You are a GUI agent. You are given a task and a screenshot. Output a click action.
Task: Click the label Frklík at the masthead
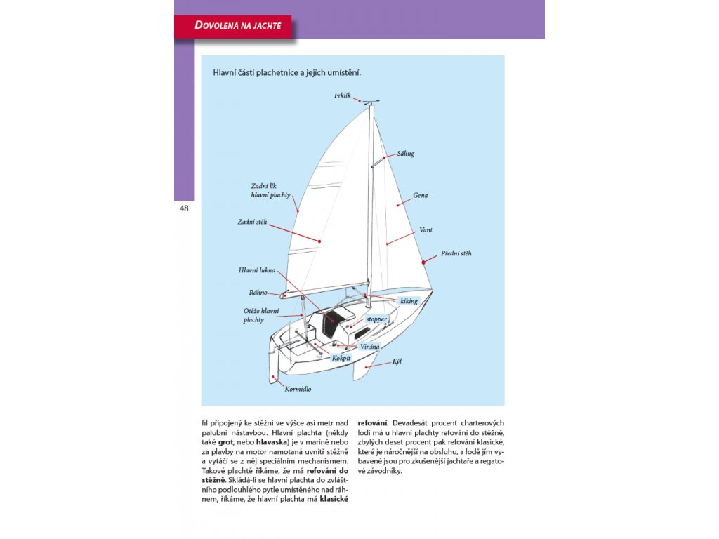tap(343, 94)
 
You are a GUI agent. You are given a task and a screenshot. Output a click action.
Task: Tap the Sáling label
tap(406, 153)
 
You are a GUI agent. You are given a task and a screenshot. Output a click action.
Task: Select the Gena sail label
tap(420, 195)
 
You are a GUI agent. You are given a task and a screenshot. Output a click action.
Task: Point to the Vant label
tap(426, 229)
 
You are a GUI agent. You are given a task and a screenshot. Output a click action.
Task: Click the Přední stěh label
tap(456, 253)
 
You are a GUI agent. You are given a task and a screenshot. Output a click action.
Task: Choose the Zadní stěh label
tap(252, 222)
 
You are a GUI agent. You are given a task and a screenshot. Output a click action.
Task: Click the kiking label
tap(409, 301)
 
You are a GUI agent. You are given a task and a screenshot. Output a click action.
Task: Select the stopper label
tap(376, 319)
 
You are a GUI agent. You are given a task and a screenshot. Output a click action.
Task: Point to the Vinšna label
tap(370, 346)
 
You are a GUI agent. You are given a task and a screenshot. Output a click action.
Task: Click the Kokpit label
tap(341, 357)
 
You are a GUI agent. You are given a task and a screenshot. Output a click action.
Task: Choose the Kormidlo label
tap(298, 388)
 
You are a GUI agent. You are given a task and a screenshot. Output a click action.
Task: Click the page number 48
tap(184, 208)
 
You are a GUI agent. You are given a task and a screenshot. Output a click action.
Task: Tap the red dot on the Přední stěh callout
tap(424, 262)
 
